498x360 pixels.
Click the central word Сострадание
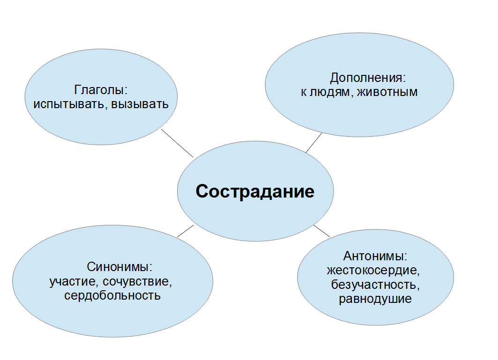[x=255, y=192]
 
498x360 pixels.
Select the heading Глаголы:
[x=101, y=89]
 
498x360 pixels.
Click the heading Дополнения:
[x=367, y=77]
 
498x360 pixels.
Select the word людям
[x=330, y=92]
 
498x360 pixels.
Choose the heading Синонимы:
[x=120, y=268]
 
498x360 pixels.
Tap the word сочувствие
[x=138, y=282]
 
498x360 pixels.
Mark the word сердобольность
[x=112, y=296]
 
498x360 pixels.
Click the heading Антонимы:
[x=375, y=257]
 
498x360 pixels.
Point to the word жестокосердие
[x=373, y=271]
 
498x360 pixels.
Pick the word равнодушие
[x=375, y=299]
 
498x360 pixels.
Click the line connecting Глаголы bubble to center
[x=177, y=143]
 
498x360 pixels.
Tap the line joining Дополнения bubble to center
[x=314, y=143]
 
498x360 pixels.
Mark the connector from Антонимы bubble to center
[x=322, y=230]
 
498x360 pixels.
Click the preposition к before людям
[x=304, y=92]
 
